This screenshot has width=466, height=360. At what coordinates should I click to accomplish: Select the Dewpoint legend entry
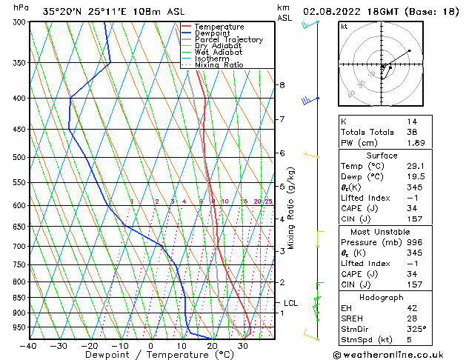212,33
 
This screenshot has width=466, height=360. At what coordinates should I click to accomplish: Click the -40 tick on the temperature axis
29,346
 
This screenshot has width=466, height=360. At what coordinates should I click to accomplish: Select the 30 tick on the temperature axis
242,346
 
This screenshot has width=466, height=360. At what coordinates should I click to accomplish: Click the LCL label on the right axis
291,303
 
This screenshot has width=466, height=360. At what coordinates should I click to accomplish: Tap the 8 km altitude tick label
282,85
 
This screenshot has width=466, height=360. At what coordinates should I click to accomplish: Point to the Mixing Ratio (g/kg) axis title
292,208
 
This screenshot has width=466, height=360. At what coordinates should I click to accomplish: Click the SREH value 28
411,319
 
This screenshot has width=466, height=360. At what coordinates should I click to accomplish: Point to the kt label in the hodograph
344,27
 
